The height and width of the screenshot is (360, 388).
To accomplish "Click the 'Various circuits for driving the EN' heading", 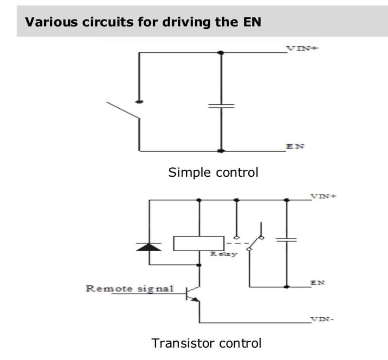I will click(143, 22).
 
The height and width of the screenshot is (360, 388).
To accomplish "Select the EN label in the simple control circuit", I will click(295, 146).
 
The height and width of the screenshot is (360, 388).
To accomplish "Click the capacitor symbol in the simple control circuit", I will click(221, 106).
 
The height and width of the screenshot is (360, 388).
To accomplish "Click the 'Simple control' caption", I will click(213, 172).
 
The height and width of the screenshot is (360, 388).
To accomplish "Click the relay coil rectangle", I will click(198, 243).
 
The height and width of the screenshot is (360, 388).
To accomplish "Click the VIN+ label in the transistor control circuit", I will click(323, 196).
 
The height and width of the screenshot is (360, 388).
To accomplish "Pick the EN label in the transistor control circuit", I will click(318, 283).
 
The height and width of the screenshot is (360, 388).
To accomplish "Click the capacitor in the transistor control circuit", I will click(286, 240).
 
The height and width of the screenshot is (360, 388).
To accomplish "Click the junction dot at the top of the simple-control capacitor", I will click(221, 52).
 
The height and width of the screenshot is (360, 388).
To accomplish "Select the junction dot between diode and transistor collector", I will click(199, 265).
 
